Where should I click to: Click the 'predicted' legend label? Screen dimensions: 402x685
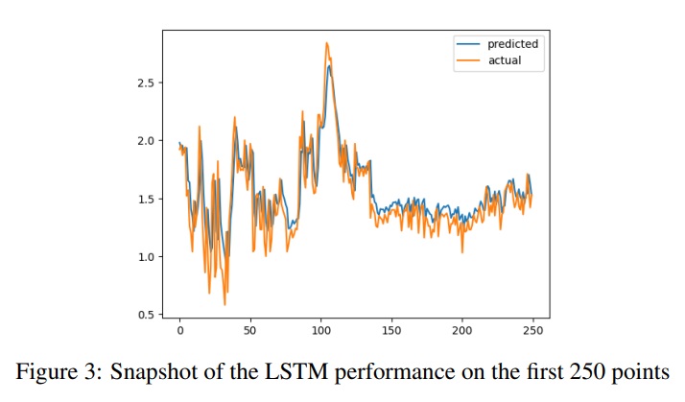(x=512, y=44)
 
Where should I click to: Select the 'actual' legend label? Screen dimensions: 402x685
(x=503, y=60)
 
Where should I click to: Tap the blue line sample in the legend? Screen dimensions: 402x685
(x=467, y=44)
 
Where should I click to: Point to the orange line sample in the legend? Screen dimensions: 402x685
(x=467, y=60)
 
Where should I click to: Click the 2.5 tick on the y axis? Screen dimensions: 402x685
(x=145, y=83)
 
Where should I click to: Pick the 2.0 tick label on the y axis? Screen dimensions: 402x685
(x=145, y=141)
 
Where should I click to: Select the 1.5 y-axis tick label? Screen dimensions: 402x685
(x=145, y=199)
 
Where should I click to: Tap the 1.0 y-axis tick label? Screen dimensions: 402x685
(x=145, y=257)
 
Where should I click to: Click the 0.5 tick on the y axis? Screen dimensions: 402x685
(x=145, y=315)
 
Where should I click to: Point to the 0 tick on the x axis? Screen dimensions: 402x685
(x=179, y=331)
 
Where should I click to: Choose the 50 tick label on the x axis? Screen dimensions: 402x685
(x=250, y=331)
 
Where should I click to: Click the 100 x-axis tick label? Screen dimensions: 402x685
(x=320, y=331)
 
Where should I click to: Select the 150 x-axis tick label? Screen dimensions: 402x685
(x=391, y=331)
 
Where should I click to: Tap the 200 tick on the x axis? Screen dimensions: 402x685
(x=461, y=331)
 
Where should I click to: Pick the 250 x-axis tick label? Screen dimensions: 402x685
(x=532, y=331)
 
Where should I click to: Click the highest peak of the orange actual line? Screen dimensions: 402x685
(x=326, y=43)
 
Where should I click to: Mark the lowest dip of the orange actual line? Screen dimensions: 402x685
(x=224, y=304)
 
